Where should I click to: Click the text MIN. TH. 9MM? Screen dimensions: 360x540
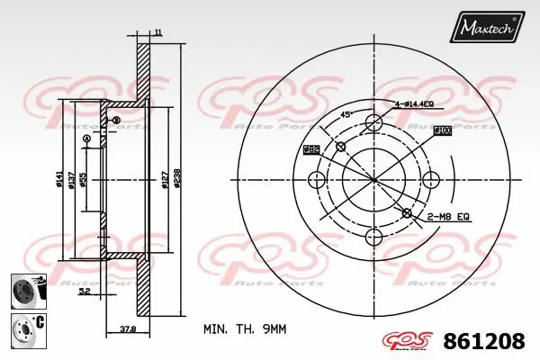[246, 329]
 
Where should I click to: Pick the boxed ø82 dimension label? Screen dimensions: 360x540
[311, 148]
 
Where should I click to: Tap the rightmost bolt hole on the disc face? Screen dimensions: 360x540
[430, 179]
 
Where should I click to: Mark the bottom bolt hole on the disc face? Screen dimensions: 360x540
[373, 237]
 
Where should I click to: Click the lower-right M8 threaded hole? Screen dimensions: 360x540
[408, 213]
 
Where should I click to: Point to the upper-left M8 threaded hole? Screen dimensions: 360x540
[340, 147]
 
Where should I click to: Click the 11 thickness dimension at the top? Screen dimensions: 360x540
[157, 33]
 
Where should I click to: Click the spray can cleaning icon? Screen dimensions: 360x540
[27, 290]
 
